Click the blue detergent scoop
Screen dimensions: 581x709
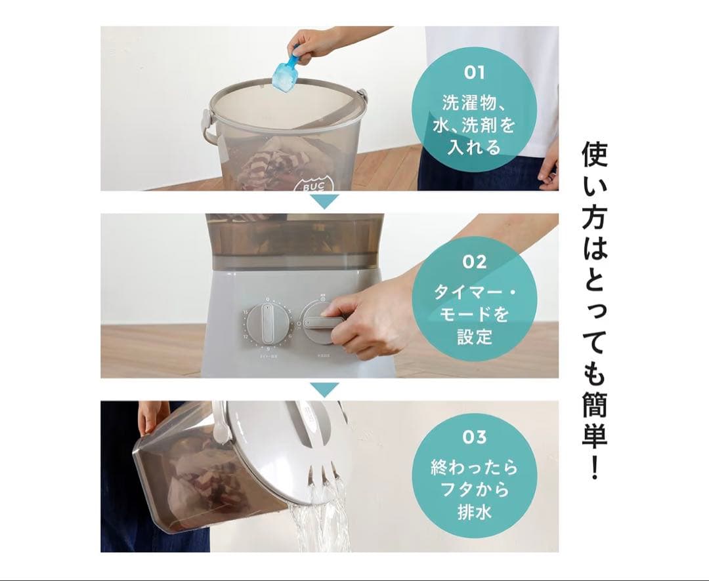tap(286, 72)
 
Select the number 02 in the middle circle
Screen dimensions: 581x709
tap(474, 262)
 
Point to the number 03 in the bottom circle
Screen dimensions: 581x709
tap(474, 437)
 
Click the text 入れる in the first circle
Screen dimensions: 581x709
tap(474, 147)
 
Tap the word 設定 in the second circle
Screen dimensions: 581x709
tap(474, 338)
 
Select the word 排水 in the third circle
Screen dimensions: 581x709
tap(474, 511)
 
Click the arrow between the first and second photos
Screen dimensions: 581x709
tap(324, 201)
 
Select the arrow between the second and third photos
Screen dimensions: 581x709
tap(324, 390)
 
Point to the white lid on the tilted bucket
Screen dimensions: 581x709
tap(282, 446)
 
